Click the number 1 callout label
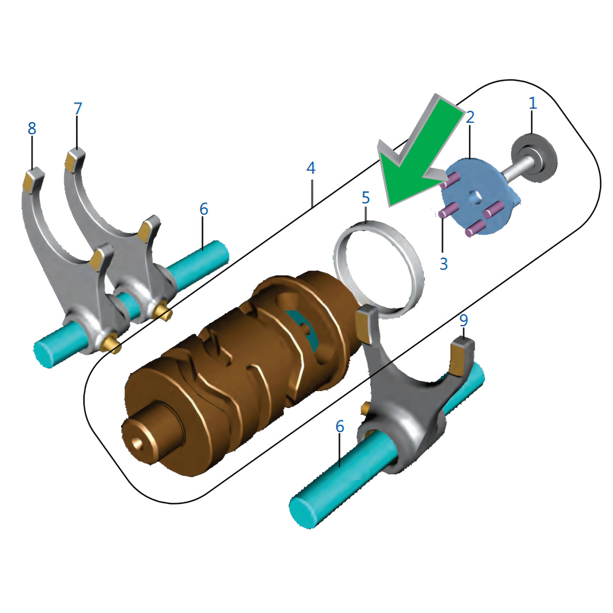click(532, 103)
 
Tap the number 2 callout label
click(470, 117)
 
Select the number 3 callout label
click(443, 264)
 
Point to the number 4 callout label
click(311, 168)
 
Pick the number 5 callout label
click(366, 198)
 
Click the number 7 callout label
click(77, 109)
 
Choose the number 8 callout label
click(32, 128)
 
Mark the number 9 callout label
click(464, 320)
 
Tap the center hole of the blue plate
click(474, 196)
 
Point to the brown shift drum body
click(238, 373)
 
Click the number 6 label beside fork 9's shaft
click(339, 426)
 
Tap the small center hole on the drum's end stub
click(137, 443)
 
